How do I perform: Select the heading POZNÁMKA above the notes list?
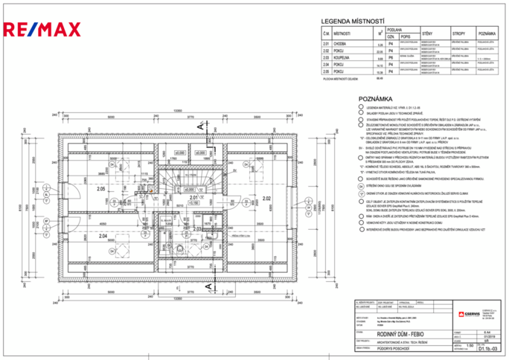pyautogui.click(x=376, y=98)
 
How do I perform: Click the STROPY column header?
pyautogui.click(x=458, y=34)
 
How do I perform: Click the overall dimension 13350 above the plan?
pyautogui.click(x=177, y=111)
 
